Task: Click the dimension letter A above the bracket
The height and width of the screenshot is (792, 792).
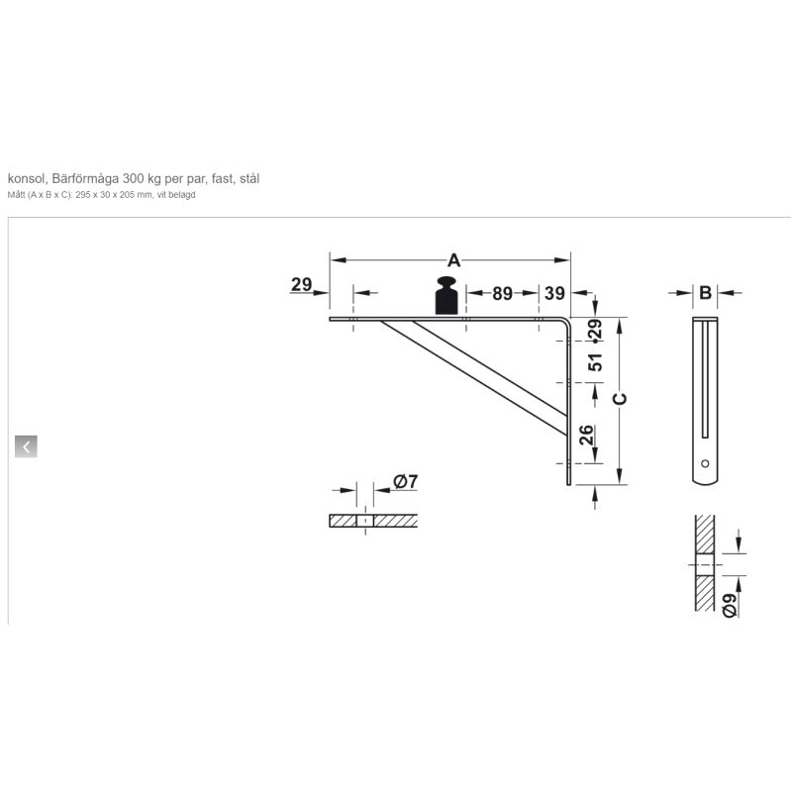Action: tap(453, 260)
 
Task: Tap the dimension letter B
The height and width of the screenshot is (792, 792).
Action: tap(704, 292)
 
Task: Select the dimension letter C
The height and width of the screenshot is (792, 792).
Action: tap(620, 398)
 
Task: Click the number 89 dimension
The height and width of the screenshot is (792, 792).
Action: tap(502, 292)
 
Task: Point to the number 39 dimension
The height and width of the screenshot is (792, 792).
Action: tap(554, 292)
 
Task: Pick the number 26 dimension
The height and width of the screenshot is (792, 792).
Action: tap(586, 435)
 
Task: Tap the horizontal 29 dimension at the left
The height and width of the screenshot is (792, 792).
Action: tap(302, 285)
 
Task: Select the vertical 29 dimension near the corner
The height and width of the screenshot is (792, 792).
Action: tap(595, 329)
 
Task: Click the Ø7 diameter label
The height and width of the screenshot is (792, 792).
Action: tap(406, 482)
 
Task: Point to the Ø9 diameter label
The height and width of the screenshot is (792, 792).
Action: tap(730, 605)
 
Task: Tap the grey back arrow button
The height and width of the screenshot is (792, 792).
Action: tap(26, 446)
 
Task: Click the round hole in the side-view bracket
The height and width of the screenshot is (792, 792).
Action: tap(704, 463)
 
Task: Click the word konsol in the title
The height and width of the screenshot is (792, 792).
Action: tap(26, 178)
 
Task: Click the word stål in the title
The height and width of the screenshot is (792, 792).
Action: tap(249, 178)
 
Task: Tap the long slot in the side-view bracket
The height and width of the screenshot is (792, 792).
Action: tap(704, 381)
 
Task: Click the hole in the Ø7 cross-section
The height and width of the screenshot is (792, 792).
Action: tap(364, 521)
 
